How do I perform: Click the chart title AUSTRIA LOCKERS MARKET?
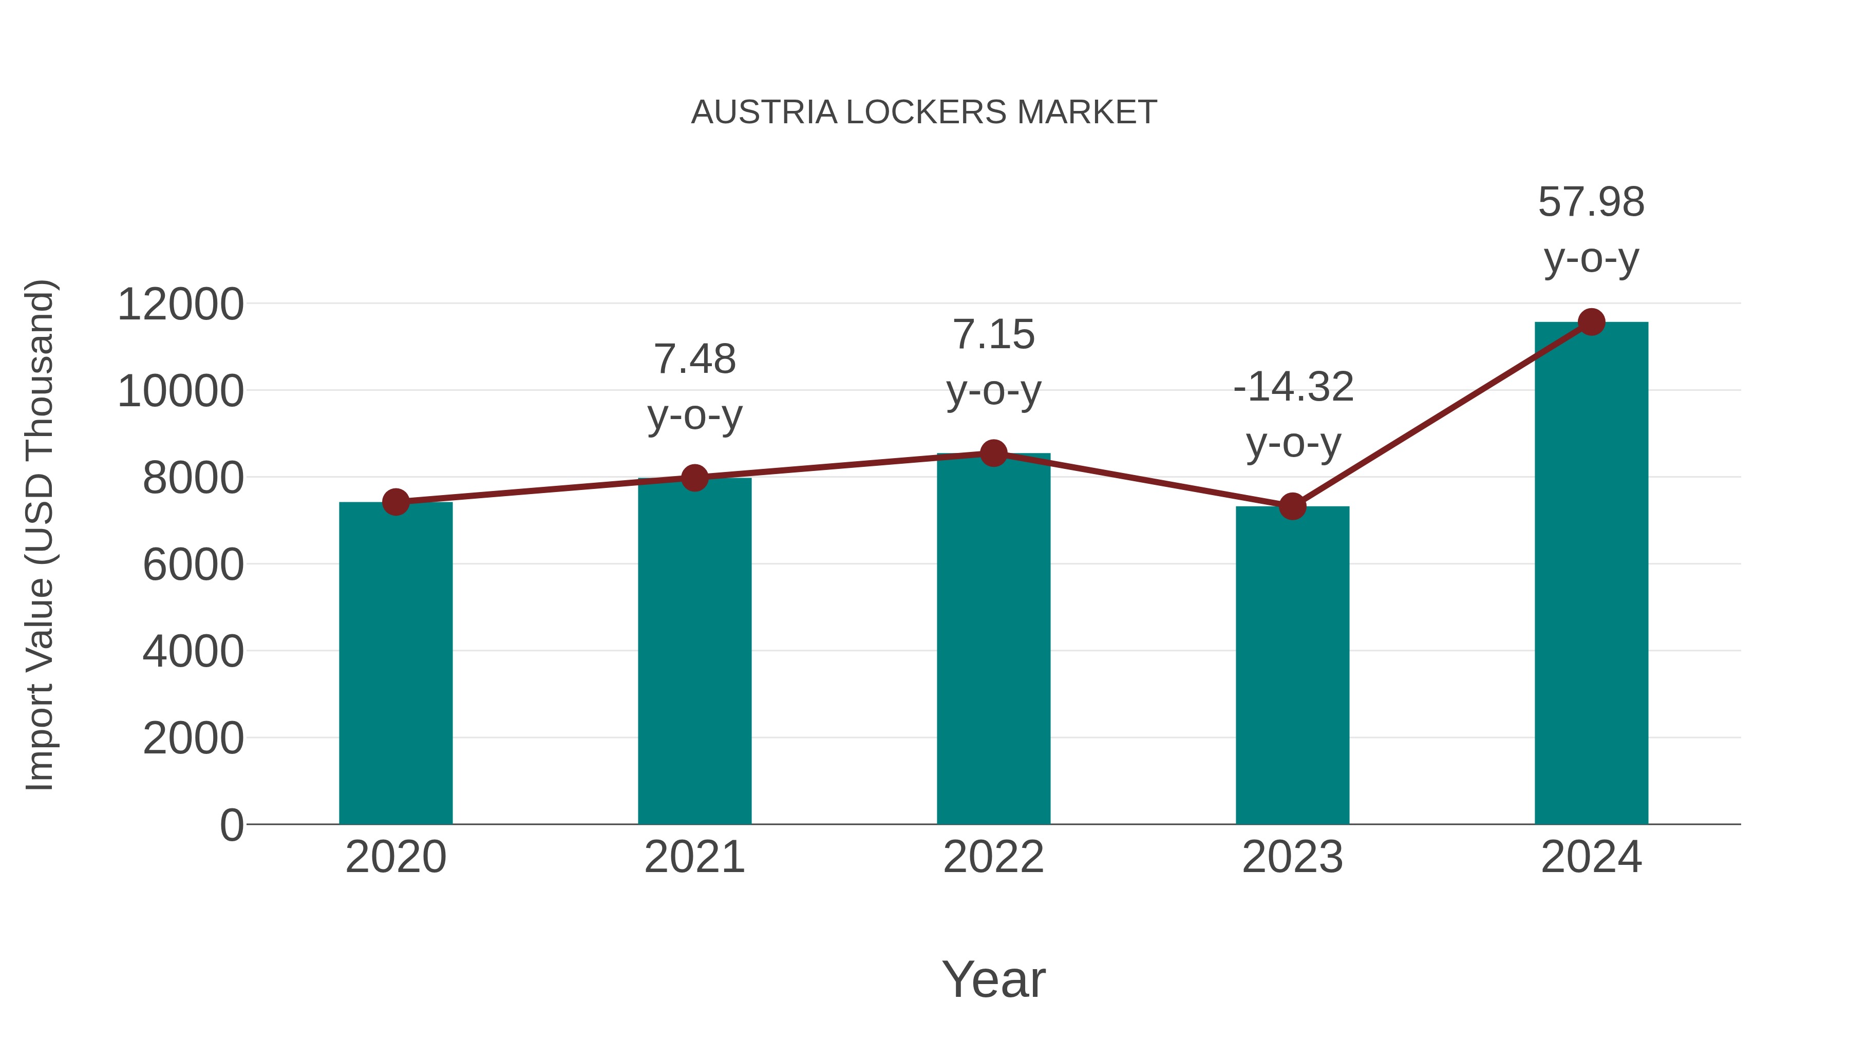coord(924,112)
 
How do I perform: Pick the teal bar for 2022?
coord(993,639)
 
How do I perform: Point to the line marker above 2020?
coord(395,502)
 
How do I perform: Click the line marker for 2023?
coord(1292,507)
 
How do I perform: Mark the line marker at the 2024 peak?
coord(1591,322)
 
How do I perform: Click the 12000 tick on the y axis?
coord(180,305)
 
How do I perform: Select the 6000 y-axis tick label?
coord(193,565)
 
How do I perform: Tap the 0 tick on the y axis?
coord(232,825)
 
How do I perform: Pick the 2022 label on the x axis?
coord(993,857)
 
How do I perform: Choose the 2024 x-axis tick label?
coord(1591,857)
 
